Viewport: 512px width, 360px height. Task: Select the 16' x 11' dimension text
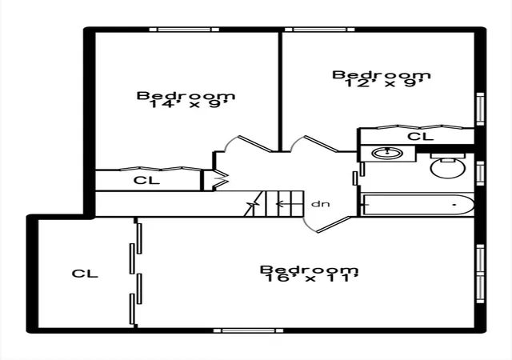312,278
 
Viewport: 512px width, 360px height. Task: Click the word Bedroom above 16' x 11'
310,270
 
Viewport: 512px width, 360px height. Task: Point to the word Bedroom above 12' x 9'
382,74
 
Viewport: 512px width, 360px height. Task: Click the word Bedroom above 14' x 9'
186,96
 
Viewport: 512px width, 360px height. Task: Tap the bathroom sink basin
387,154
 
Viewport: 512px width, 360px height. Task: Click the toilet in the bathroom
448,166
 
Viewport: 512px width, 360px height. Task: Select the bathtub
418,205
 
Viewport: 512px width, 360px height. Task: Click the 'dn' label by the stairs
320,204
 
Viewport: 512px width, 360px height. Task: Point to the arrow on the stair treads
283,204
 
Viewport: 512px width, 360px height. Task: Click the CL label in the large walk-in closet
85,274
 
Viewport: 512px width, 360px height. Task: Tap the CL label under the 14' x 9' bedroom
146,180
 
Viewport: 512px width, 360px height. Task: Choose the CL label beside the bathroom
421,136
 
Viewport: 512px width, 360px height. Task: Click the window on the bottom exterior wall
248,330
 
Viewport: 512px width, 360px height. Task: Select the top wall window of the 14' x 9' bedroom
184,30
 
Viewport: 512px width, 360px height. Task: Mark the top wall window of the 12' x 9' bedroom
320,30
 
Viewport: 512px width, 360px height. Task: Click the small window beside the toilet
480,174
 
